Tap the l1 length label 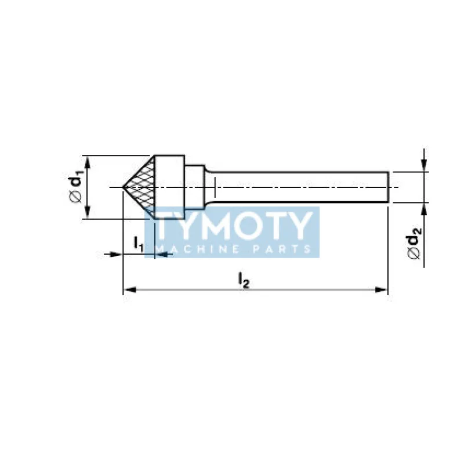[139, 244]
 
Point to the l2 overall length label [244, 280]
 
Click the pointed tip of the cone [123, 187]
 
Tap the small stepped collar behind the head [194, 187]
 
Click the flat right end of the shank [388, 187]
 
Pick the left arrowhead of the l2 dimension [129, 289]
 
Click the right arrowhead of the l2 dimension [381, 289]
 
